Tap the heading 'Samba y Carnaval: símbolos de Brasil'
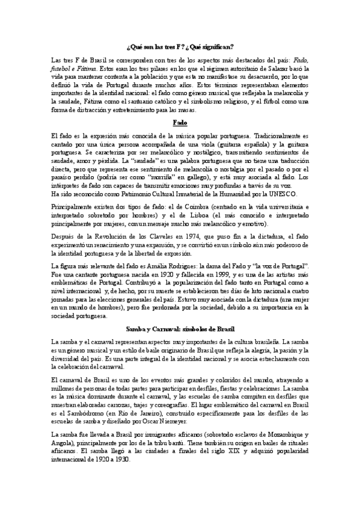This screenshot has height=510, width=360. tap(180, 329)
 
